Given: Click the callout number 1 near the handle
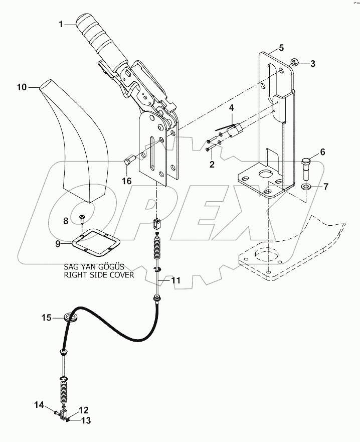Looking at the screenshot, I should [x=61, y=23].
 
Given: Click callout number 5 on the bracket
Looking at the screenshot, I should [x=281, y=48].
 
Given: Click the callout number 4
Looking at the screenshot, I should [x=231, y=108].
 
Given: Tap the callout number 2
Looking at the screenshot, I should [x=212, y=164].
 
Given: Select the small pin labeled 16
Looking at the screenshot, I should [x=128, y=162].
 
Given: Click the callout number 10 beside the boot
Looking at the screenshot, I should [x=22, y=87].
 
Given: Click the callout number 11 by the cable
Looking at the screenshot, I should [x=175, y=281].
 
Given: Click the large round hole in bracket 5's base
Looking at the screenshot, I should [x=262, y=177].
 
